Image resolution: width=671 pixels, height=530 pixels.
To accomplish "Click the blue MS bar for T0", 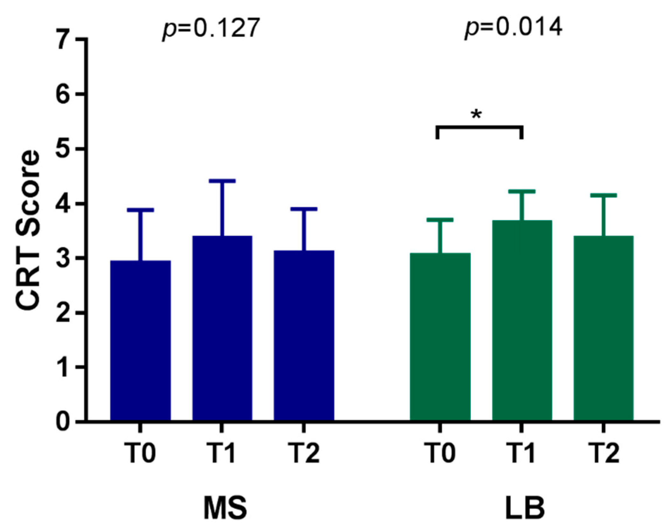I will click(x=140, y=341).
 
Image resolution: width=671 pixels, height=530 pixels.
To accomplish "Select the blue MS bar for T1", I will click(x=222, y=328).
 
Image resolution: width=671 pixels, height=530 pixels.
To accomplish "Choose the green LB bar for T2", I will click(x=603, y=328).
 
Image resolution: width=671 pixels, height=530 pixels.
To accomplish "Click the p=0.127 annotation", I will click(x=211, y=28).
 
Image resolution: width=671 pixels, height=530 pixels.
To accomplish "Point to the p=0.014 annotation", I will click(x=513, y=28).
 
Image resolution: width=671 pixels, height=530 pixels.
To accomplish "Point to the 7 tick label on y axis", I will click(x=63, y=39).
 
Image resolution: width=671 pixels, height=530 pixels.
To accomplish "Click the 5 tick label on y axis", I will click(x=63, y=148).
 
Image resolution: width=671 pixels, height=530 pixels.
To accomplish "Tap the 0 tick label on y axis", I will click(x=63, y=422).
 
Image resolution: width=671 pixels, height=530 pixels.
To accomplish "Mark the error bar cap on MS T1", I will click(x=222, y=181).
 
